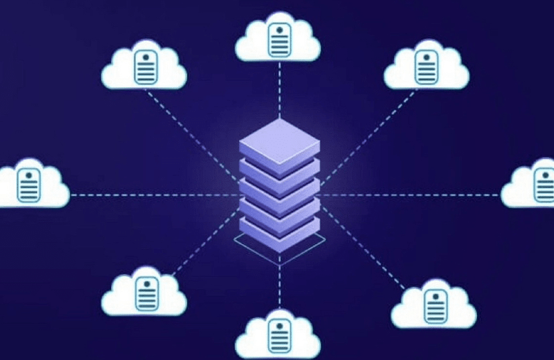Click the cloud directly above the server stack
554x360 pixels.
pyautogui.click(x=278, y=40)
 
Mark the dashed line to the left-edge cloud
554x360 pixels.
pyautogui.click(x=154, y=195)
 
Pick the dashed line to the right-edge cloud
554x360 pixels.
pyautogui.click(x=408, y=195)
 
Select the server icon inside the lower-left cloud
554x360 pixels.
pyautogui.click(x=145, y=292)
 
